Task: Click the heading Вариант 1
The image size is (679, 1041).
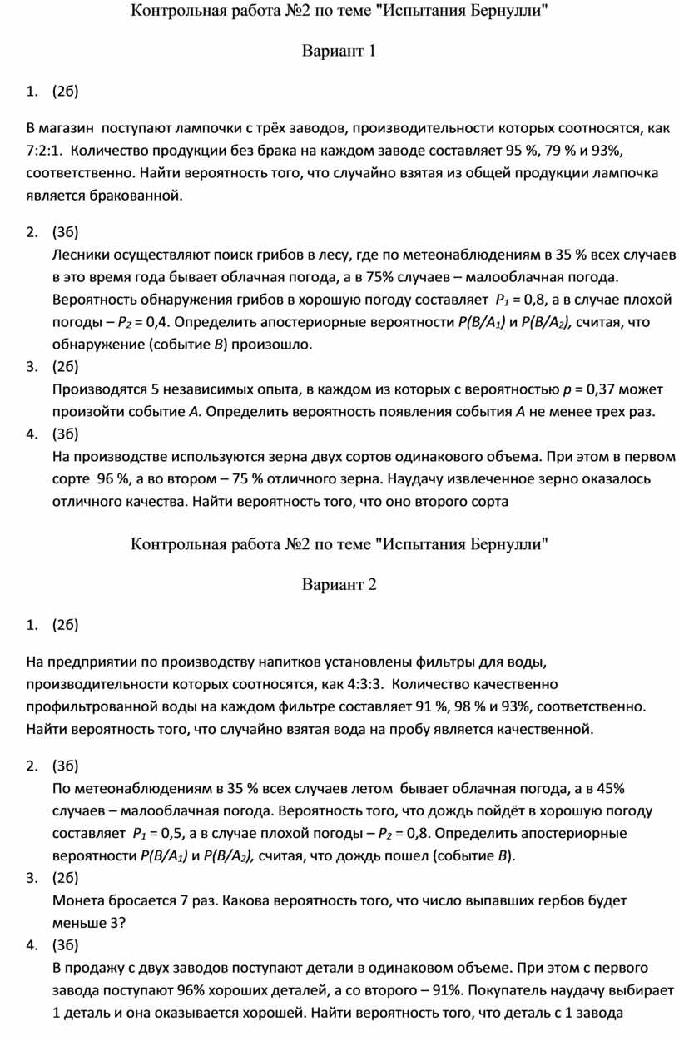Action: pyautogui.click(x=339, y=52)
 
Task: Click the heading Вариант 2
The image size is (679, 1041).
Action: pyautogui.click(x=339, y=584)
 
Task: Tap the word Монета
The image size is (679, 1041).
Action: pyautogui.click(x=80, y=900)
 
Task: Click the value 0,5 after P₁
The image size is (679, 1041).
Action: pyautogui.click(x=171, y=833)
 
